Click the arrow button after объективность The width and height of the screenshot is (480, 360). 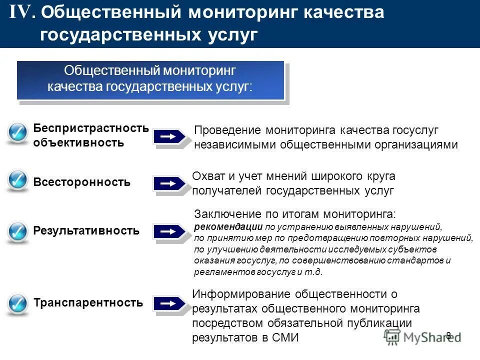169,136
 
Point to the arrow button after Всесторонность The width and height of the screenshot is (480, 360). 169,183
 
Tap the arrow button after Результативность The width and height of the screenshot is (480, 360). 169,231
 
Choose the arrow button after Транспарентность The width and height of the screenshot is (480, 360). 169,303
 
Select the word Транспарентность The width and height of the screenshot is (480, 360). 88,302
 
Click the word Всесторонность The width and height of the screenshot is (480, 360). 81,182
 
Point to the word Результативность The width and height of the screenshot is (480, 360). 86,231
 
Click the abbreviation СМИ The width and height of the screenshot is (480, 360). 285,337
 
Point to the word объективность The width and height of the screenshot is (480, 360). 78,142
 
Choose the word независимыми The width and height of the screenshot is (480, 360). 235,144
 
